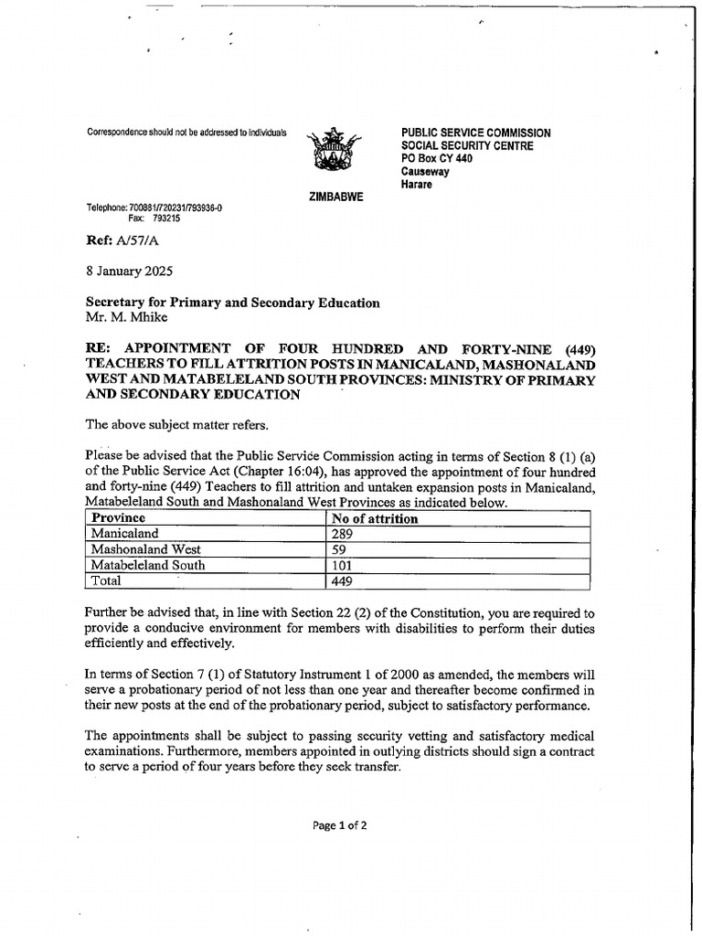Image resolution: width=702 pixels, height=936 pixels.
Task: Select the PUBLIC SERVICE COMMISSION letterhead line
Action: (x=475, y=133)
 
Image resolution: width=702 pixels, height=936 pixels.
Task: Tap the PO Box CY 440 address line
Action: (x=436, y=158)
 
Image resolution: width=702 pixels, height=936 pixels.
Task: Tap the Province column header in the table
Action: (x=120, y=518)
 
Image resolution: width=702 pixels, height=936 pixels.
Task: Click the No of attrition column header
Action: (x=375, y=518)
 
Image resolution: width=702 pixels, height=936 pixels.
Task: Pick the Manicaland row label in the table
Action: (x=124, y=534)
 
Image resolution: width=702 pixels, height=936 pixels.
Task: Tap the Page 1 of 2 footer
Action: (x=339, y=824)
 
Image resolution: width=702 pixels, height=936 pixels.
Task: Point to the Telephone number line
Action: (x=154, y=207)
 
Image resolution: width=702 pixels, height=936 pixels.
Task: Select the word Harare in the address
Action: (x=417, y=184)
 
